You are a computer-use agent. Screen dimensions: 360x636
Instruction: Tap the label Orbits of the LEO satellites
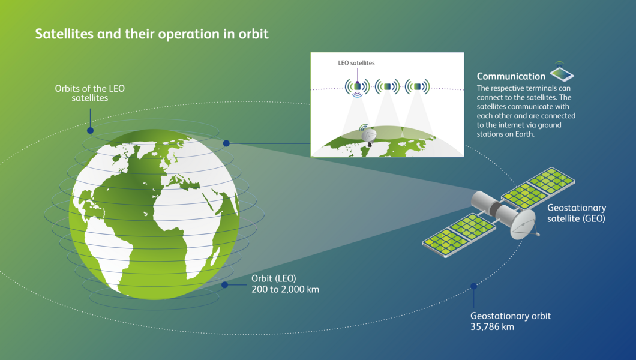[90, 93]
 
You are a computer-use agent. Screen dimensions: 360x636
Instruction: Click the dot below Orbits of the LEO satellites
[90, 130]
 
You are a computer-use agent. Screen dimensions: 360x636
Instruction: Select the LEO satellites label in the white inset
[356, 62]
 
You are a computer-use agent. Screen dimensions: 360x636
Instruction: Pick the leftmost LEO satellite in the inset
[357, 86]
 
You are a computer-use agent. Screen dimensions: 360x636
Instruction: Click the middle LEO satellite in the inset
[388, 86]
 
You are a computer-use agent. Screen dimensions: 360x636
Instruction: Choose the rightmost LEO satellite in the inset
[418, 86]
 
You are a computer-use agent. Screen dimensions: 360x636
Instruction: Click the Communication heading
[511, 76]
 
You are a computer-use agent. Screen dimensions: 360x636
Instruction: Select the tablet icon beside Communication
[562, 74]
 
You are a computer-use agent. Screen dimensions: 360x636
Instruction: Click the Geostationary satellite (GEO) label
[576, 213]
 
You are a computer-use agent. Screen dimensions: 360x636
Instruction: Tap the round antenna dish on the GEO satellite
[524, 224]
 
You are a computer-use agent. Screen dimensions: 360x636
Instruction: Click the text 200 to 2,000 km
[285, 290]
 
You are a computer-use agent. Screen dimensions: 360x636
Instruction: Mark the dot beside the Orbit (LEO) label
[225, 286]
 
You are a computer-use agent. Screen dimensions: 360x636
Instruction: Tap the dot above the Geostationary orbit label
[474, 286]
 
